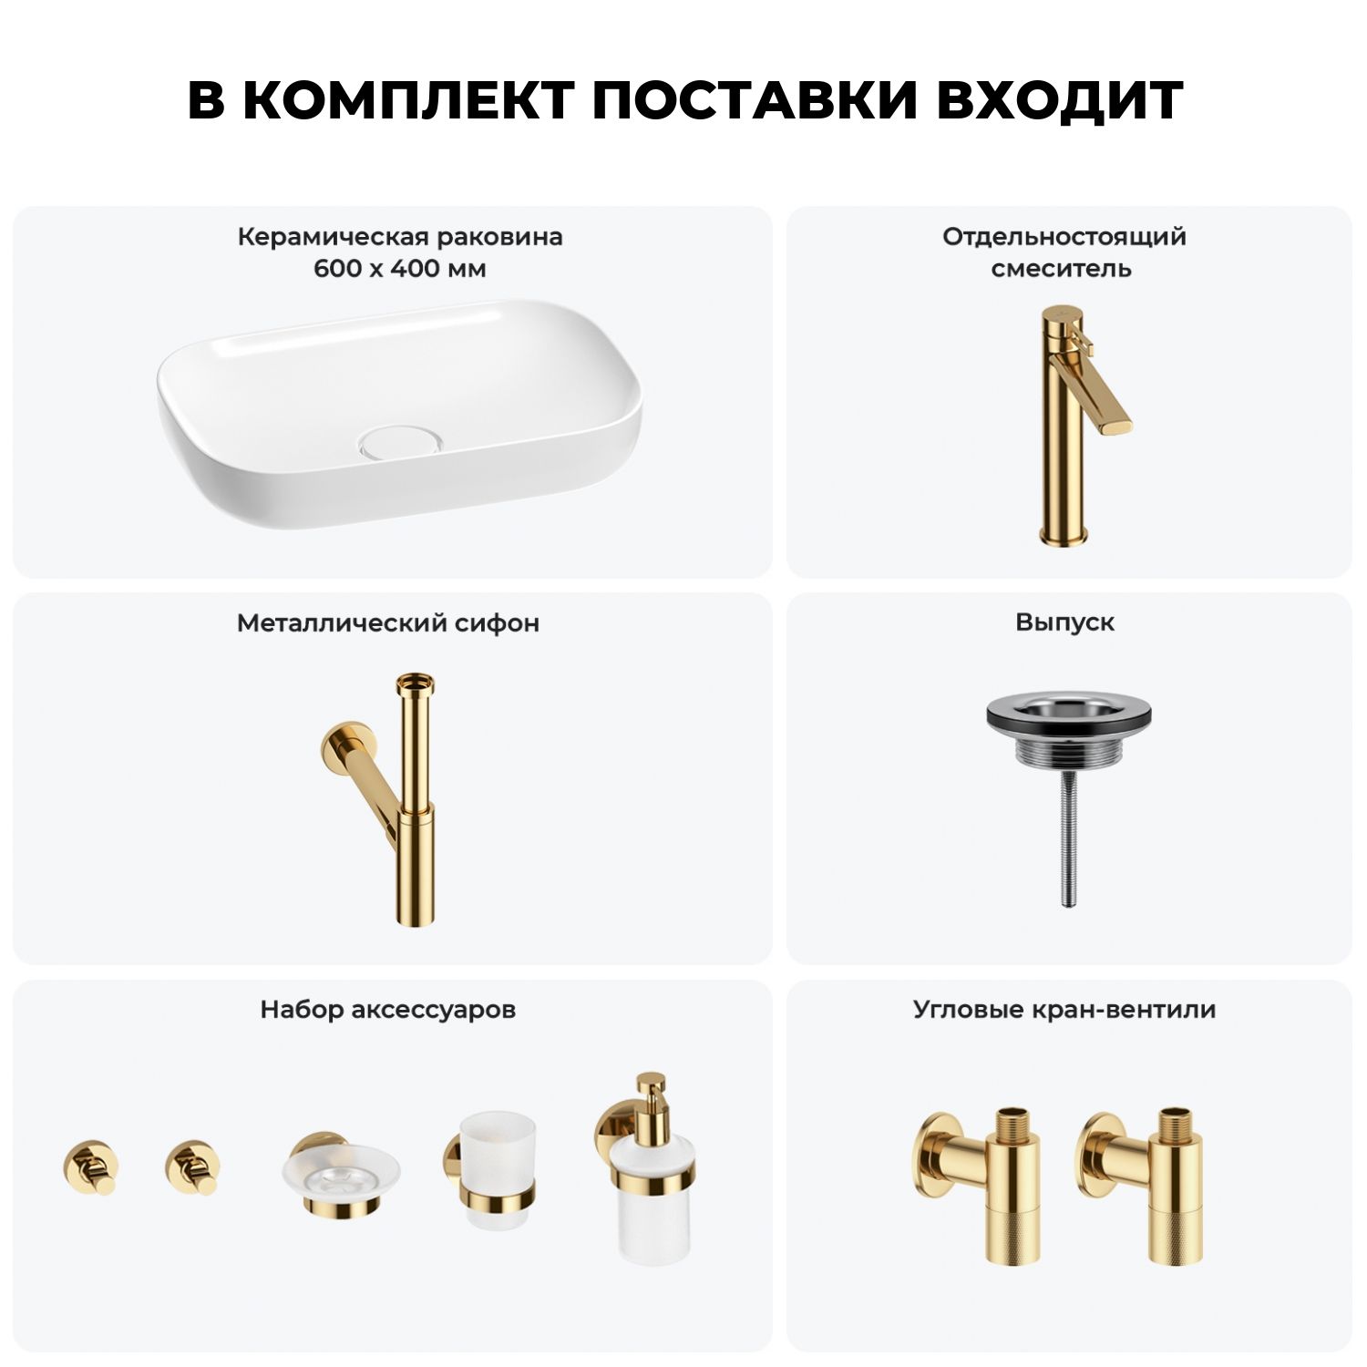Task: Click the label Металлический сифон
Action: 388,623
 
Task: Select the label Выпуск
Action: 1064,623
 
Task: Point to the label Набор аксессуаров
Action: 388,1010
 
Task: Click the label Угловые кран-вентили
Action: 1064,1010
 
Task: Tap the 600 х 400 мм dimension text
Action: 400,269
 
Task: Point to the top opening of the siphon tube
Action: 416,681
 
